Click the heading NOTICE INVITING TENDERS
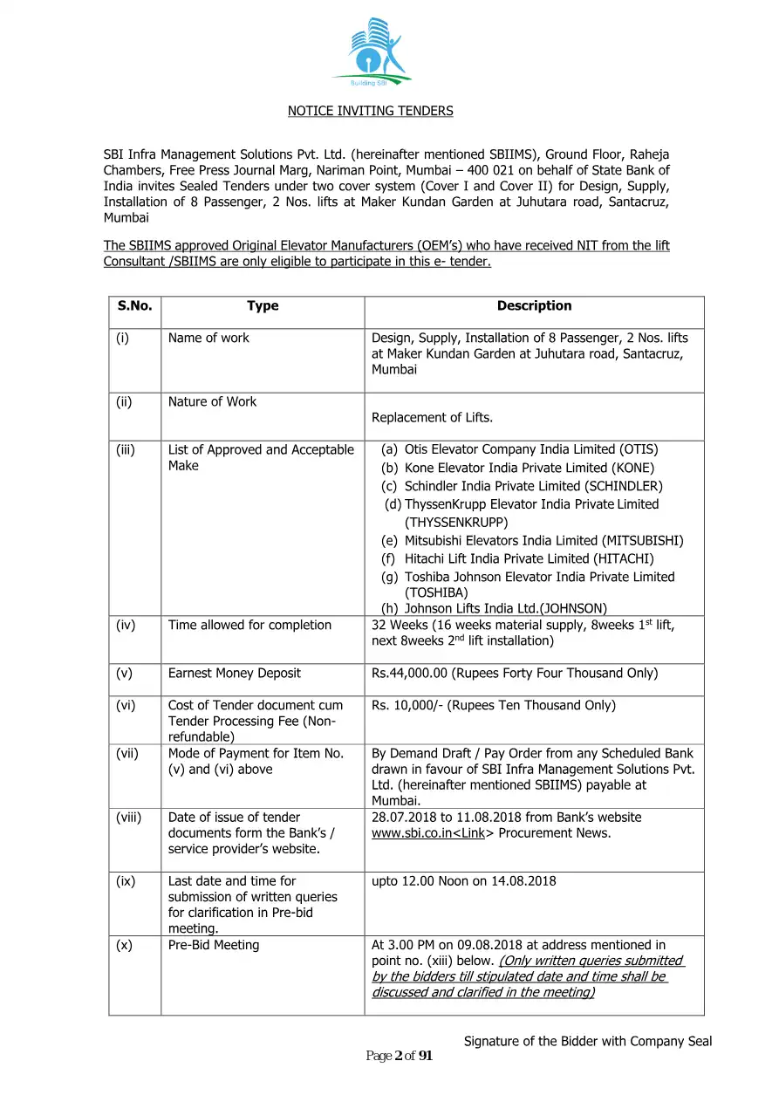click(371, 111)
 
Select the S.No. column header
click(134, 306)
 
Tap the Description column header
click(534, 306)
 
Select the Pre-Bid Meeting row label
click(213, 945)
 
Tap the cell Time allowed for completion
click(249, 625)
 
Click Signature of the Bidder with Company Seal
click(587, 1041)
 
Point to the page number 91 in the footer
click(426, 1057)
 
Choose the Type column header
click(263, 306)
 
